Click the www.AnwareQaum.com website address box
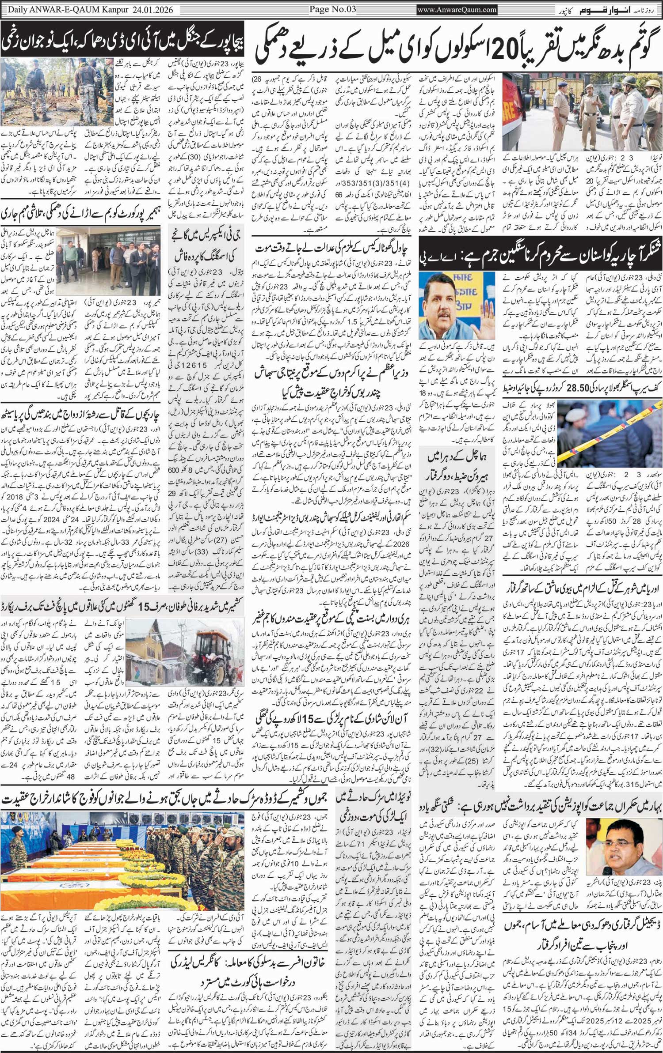[x=457, y=9]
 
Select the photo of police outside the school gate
[x=581, y=111]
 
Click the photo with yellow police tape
[x=610, y=432]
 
